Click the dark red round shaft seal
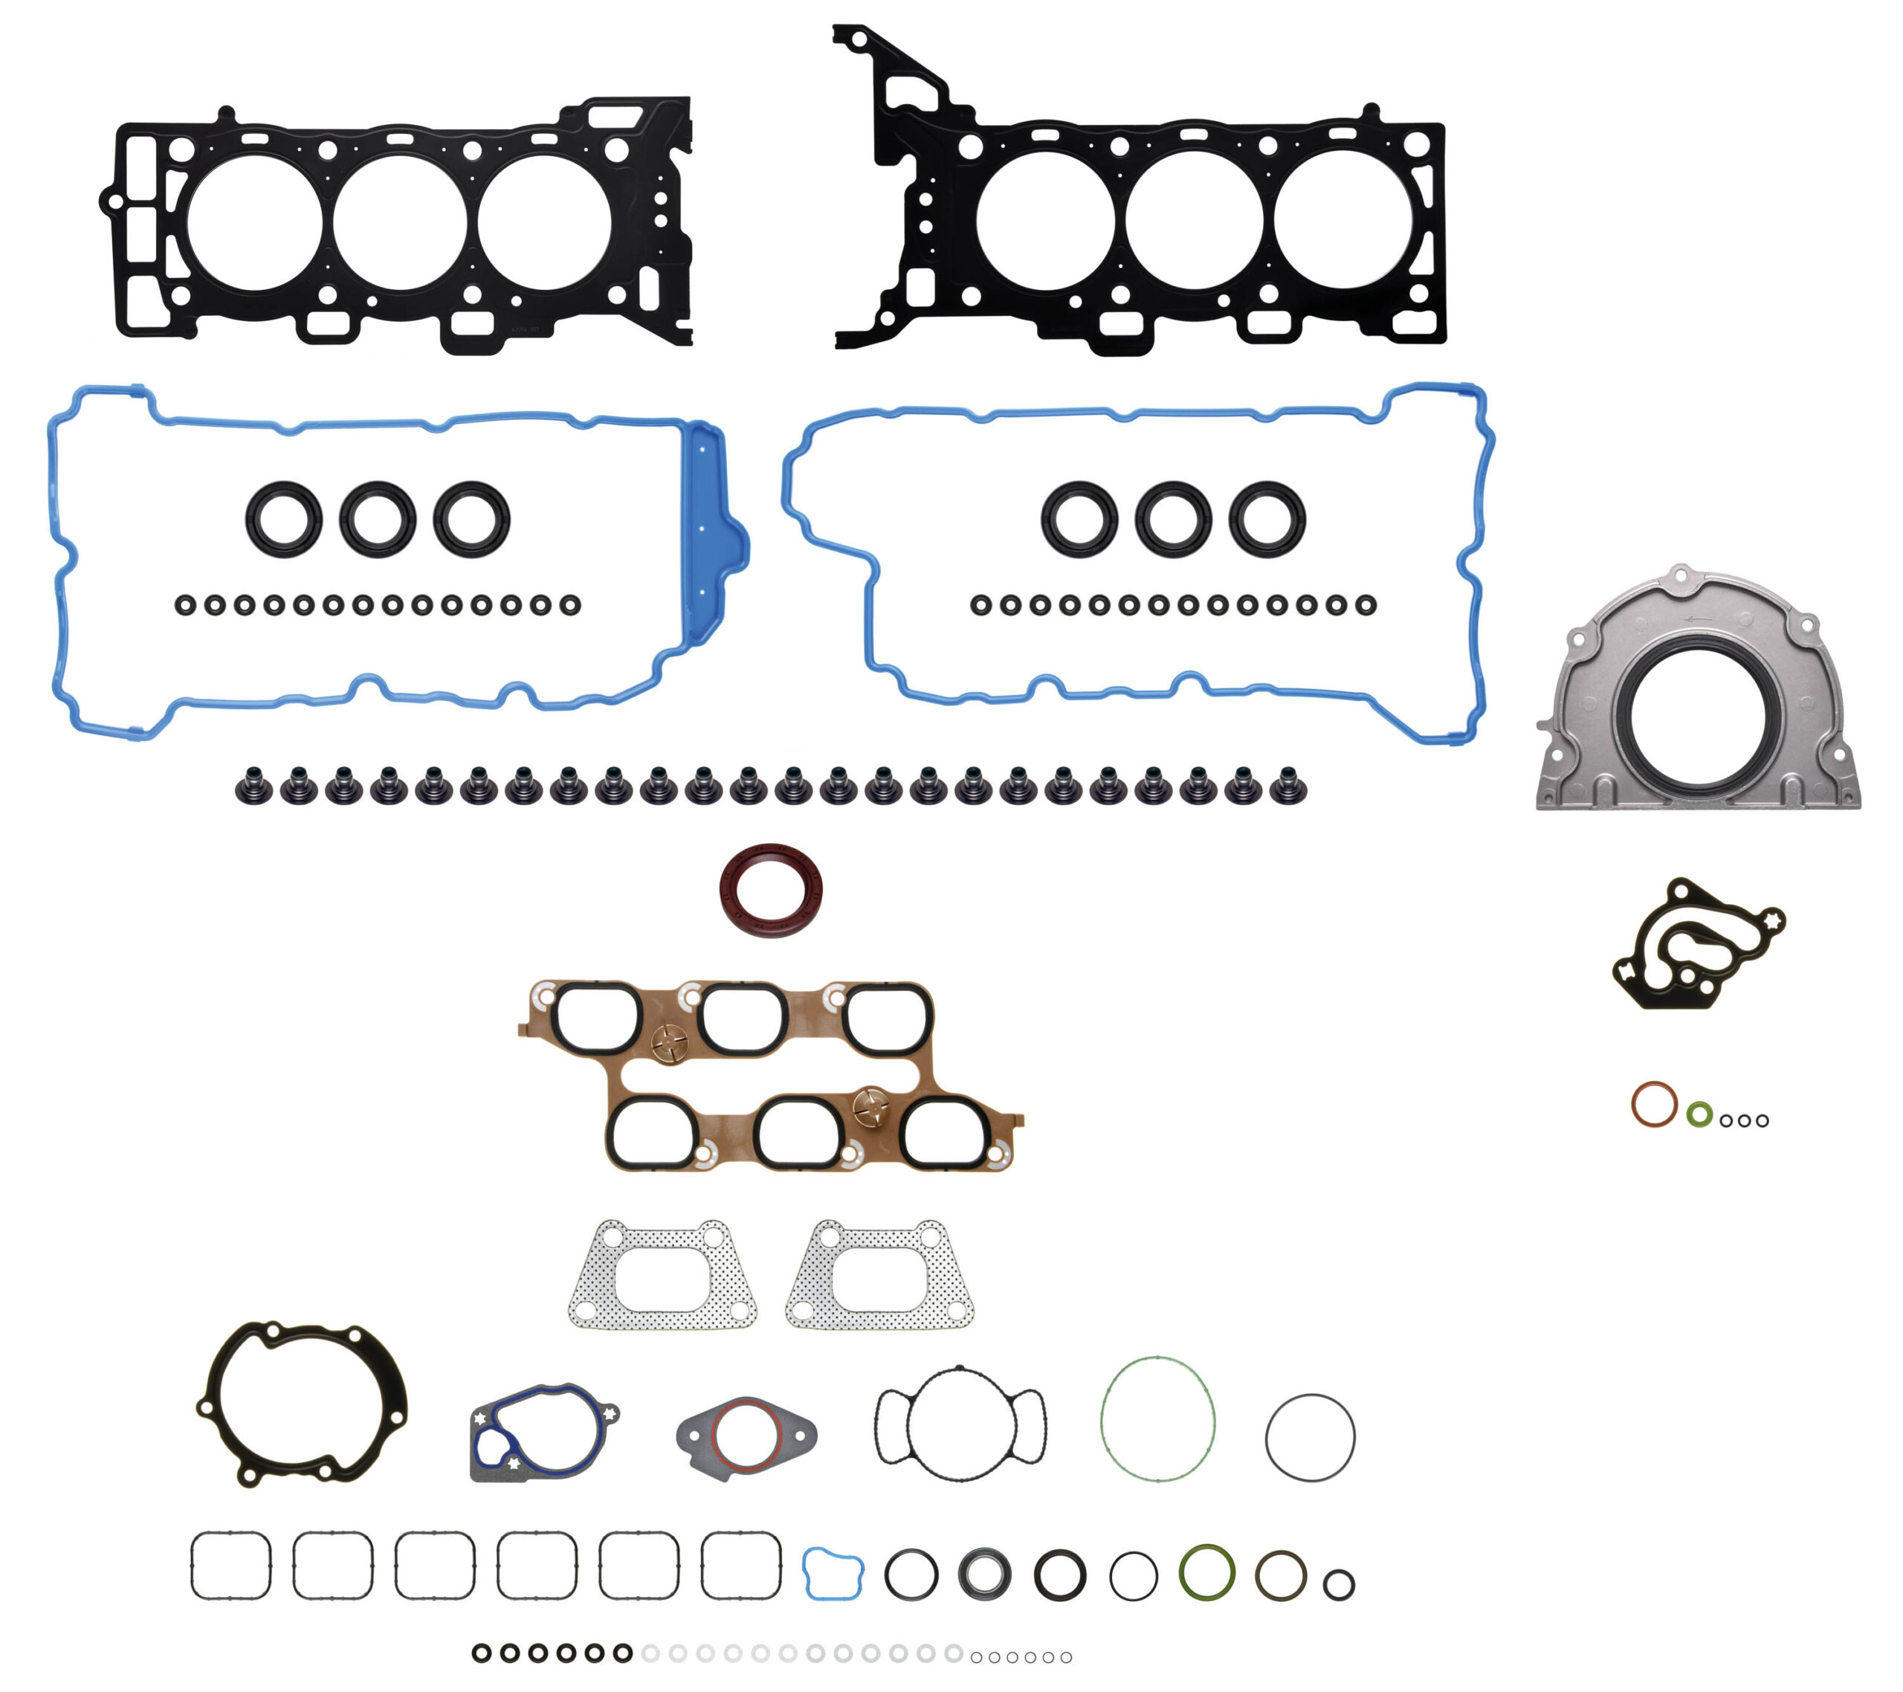tap(771, 891)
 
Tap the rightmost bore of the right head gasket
tap(1343, 220)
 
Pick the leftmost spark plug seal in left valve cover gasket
tap(284, 520)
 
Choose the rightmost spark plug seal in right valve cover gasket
tap(1267, 519)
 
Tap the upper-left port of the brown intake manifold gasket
tap(597, 1018)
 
